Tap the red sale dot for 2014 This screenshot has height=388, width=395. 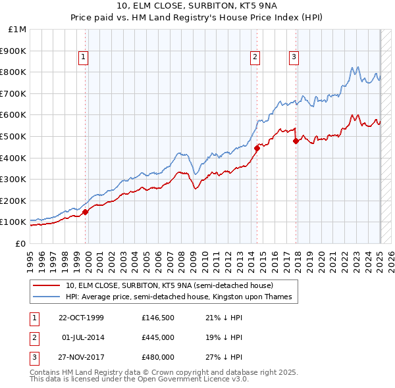[257, 148]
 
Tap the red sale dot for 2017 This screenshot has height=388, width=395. [296, 141]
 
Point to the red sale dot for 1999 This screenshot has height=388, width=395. [86, 212]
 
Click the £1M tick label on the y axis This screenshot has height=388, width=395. [18, 29]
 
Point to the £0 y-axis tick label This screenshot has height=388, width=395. [20, 243]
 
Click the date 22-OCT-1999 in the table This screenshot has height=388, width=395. [81, 318]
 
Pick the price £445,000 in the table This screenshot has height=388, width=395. [158, 337]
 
